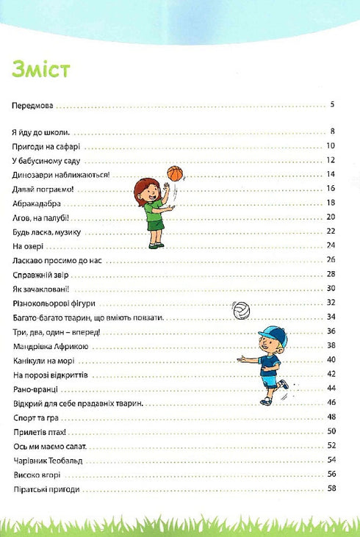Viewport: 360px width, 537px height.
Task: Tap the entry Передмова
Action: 33,105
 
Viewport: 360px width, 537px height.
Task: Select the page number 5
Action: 333,105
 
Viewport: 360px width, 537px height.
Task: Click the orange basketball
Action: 174,173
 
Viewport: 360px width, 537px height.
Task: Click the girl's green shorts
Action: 154,225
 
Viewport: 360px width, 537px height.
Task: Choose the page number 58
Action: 331,489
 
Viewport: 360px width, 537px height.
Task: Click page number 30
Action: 331,289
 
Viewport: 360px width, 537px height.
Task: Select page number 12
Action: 331,160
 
